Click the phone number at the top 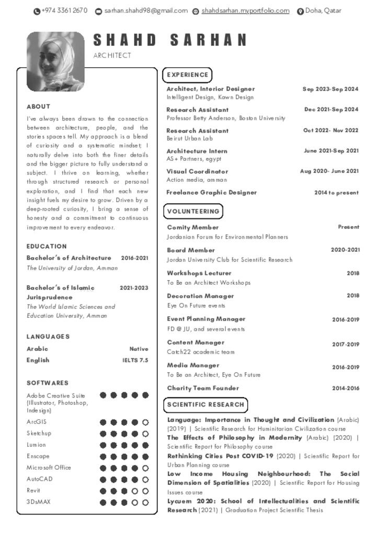coord(64,10)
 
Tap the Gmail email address coord(145,10)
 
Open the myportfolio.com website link coord(245,10)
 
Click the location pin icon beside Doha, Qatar coord(300,11)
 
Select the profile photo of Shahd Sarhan coord(55,62)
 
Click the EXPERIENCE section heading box coord(187,75)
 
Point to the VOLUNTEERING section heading coord(193,212)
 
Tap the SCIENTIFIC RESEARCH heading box coord(205,404)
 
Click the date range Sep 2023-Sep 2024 coord(330,89)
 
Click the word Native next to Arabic coord(139,349)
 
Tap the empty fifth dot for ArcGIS coord(145,422)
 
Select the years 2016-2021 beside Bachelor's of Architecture coord(134,258)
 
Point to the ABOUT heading coord(39,107)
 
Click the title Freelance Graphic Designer coord(211,192)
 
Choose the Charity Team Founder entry coord(203,388)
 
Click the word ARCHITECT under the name coord(112,55)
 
